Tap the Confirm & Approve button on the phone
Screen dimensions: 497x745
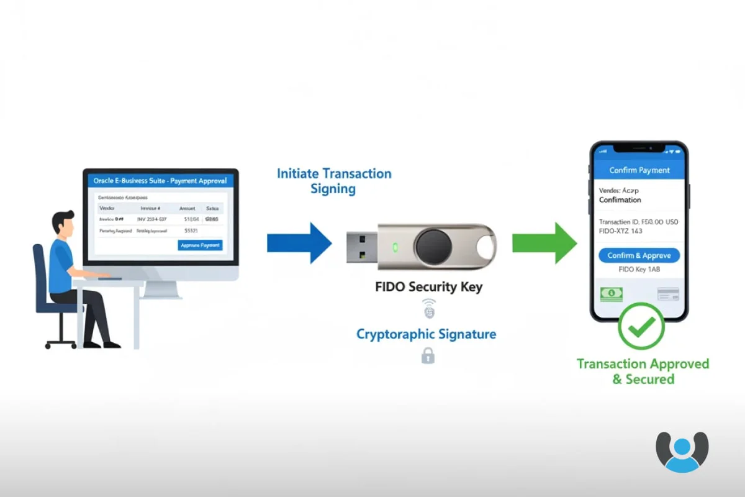pyautogui.click(x=639, y=255)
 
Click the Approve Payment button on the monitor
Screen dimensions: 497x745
pyautogui.click(x=200, y=245)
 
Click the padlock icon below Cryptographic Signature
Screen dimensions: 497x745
pyautogui.click(x=428, y=356)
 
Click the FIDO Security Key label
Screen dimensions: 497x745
pyautogui.click(x=428, y=287)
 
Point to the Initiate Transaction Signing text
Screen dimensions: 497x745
pyautogui.click(x=334, y=181)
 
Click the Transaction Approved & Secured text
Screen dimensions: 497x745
pyautogui.click(x=643, y=371)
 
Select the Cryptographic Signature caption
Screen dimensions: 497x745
pyautogui.click(x=426, y=334)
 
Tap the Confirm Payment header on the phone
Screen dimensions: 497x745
pyautogui.click(x=639, y=170)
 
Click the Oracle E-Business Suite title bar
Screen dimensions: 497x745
pyautogui.click(x=160, y=181)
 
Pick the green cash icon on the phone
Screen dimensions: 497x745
pyautogui.click(x=612, y=294)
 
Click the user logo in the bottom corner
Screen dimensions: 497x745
pyautogui.click(x=682, y=452)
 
